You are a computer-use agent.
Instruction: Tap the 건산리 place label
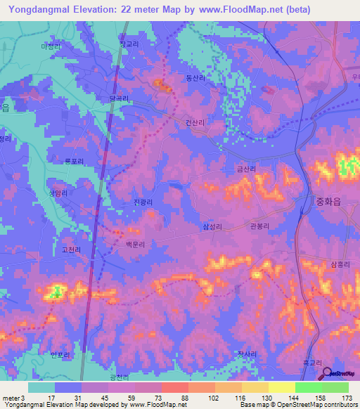195,122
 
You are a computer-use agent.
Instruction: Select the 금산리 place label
245,169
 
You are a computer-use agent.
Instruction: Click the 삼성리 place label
212,226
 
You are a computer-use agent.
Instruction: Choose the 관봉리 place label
260,226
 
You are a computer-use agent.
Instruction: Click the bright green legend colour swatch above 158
309,387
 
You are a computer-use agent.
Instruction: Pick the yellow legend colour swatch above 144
282,387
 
